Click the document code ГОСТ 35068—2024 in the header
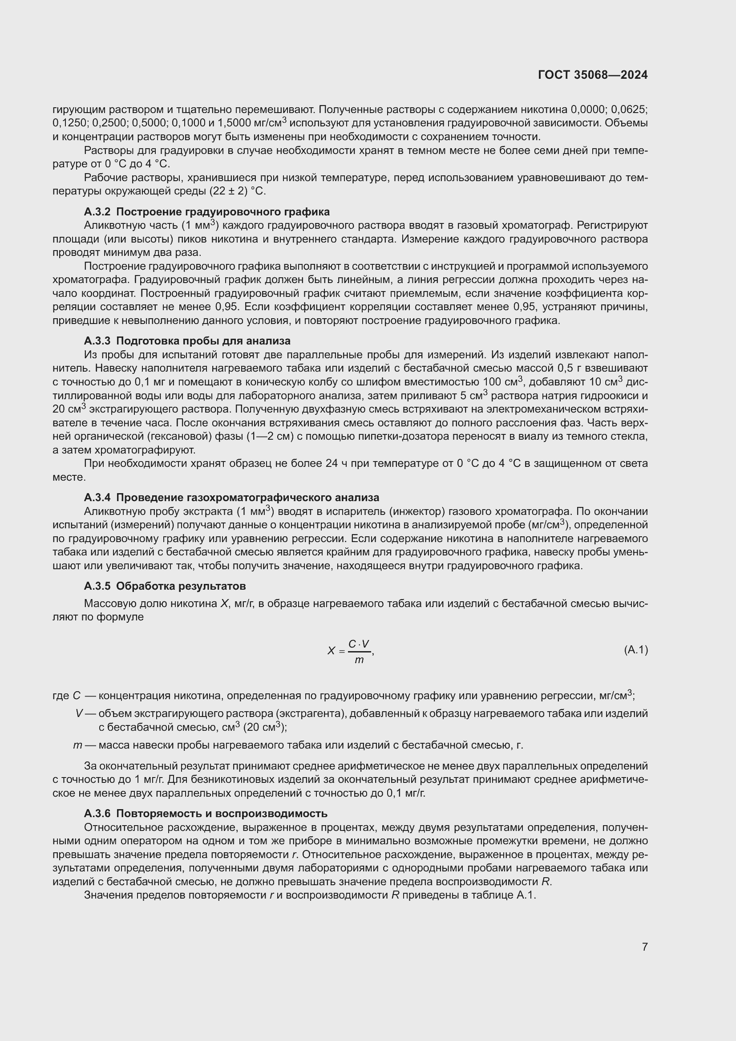[593, 75]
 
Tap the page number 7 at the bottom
[645, 947]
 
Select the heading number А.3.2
[97, 212]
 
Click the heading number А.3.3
[97, 340]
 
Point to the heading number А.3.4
[97, 498]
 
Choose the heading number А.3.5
[97, 586]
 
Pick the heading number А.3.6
[97, 814]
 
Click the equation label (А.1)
[636, 650]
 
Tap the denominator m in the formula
[359, 660]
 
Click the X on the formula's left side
[332, 651]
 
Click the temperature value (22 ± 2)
[226, 191]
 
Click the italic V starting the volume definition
[79, 713]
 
